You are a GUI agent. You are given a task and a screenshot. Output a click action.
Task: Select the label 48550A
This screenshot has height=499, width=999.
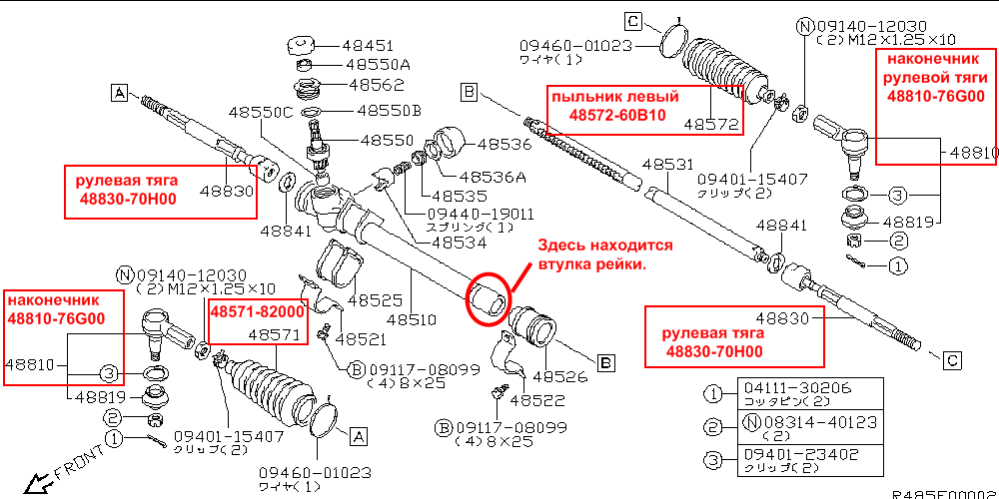pos(371,64)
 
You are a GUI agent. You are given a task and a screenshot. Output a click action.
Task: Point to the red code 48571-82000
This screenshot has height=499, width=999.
pos(256,312)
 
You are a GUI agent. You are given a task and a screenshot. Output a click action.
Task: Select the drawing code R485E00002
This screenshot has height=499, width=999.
pos(943,493)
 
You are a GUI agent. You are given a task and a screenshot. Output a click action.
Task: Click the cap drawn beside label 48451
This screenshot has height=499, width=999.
pos(301,46)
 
